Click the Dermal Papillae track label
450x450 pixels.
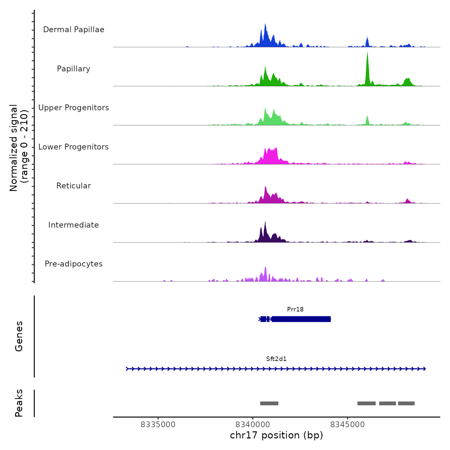74,30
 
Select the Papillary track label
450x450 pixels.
74,69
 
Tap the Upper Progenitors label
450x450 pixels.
74,108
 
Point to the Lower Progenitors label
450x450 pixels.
74,147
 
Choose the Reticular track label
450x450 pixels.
74,186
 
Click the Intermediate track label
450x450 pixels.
74,225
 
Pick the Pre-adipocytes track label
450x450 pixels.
74,264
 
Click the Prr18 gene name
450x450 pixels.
295,309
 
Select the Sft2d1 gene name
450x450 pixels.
276,359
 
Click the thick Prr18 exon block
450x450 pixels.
301,319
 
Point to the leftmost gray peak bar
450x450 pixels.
269,403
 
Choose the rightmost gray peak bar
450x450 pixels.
406,403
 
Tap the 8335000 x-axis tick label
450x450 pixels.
158,425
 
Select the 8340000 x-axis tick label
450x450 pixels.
253,425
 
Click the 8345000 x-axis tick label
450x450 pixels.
347,425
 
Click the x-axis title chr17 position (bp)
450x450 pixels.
276,436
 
